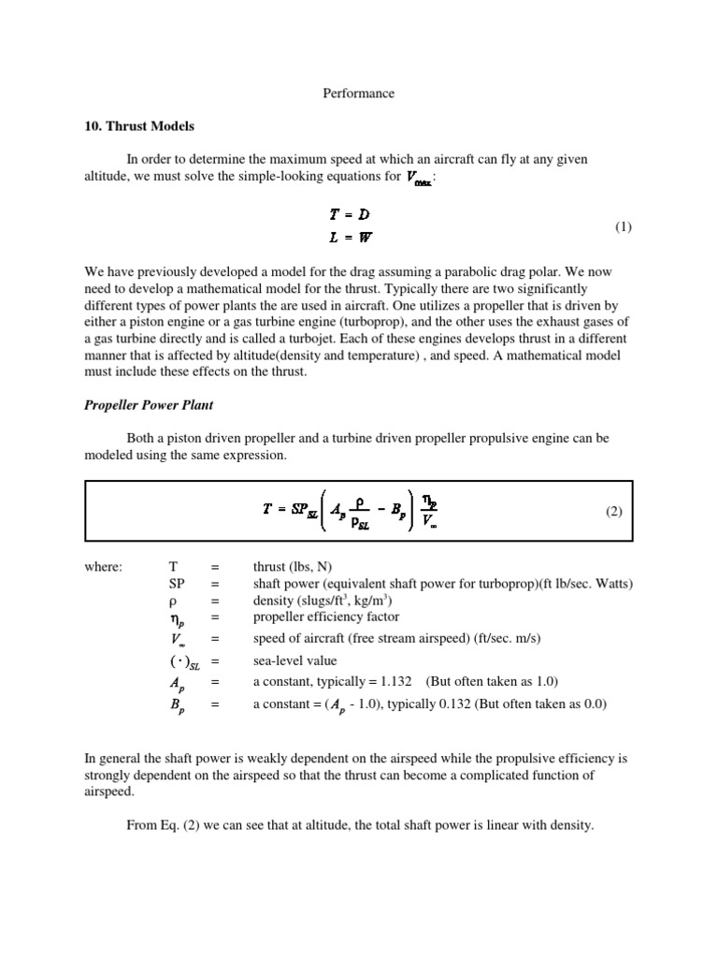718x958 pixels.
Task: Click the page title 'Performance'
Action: (359, 94)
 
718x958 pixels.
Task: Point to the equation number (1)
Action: (624, 227)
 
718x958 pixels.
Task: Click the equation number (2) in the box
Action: (611, 512)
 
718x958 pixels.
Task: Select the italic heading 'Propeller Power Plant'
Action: (149, 407)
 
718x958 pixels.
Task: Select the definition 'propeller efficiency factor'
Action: (325, 617)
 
